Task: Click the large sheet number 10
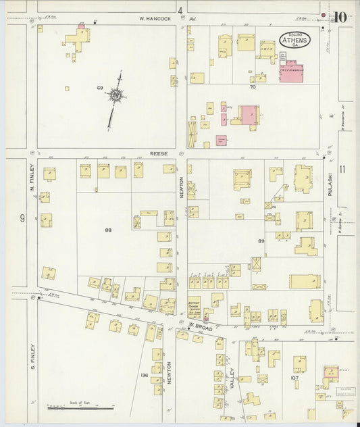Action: coord(340,17)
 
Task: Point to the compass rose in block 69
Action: coord(117,97)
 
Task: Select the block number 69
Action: coord(99,88)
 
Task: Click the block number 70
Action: coord(253,87)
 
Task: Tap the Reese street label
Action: coord(158,153)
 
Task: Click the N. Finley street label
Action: coord(32,180)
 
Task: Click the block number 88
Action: coord(107,230)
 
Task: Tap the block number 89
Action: coord(261,241)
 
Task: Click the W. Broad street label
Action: coord(201,328)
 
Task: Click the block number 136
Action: coord(144,375)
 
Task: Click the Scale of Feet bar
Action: coord(73,407)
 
